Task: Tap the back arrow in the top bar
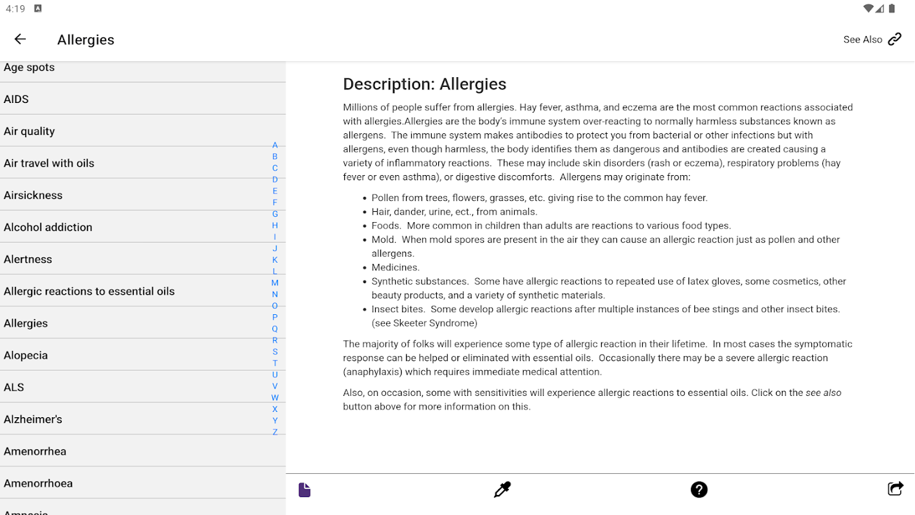coord(20,39)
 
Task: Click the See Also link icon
coord(894,39)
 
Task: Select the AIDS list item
coord(16,99)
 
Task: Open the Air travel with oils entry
coord(49,163)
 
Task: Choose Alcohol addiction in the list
coord(48,227)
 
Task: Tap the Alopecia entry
coord(26,355)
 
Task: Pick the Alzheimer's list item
coord(33,419)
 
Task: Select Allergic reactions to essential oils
coord(89,291)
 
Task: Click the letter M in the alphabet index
coord(275,283)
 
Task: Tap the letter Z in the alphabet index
coord(275,432)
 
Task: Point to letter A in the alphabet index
coord(275,145)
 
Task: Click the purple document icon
coord(304,490)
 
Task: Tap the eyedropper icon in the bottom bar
coord(502,490)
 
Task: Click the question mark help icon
coord(699,490)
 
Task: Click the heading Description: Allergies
coord(425,84)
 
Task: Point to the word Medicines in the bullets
coord(395,267)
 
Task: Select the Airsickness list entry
coord(33,195)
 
